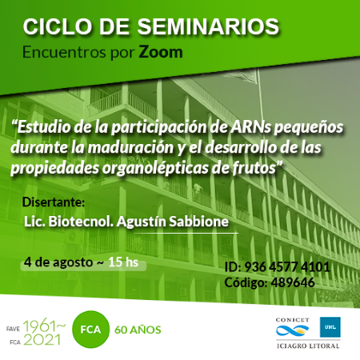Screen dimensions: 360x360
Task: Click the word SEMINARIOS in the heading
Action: (x=208, y=26)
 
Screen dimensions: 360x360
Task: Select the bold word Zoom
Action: (x=161, y=52)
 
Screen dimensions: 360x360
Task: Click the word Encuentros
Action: (x=64, y=52)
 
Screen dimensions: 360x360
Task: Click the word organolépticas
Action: (x=155, y=168)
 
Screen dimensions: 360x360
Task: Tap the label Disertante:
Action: (x=54, y=202)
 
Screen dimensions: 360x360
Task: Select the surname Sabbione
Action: (x=199, y=222)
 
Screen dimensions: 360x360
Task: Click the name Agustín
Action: (x=142, y=222)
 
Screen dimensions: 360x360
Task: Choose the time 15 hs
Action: (x=123, y=262)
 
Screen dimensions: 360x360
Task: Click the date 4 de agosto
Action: (x=58, y=262)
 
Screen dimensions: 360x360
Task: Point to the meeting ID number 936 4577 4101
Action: (x=287, y=266)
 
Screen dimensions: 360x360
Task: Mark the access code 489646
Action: (x=293, y=282)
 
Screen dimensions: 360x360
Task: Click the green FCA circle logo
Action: (x=90, y=330)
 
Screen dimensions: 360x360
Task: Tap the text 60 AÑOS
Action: (x=138, y=330)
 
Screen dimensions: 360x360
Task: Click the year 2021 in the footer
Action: (x=42, y=340)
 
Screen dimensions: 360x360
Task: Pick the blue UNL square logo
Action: (x=330, y=327)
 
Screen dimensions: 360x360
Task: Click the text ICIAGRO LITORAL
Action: (x=308, y=346)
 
